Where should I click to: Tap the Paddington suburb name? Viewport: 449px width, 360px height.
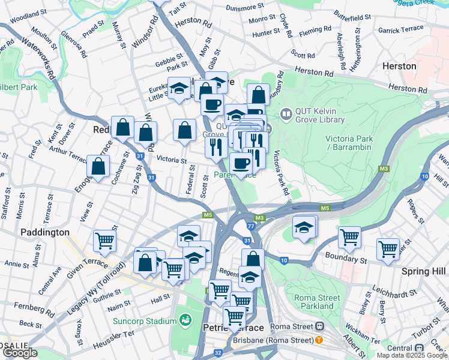(45, 232)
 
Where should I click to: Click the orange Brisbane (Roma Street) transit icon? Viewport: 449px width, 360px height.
(319, 340)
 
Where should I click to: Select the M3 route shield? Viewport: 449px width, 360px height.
(259, 218)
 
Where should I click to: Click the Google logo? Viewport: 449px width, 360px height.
(20, 353)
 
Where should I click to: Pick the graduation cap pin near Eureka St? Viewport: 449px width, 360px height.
(178, 89)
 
